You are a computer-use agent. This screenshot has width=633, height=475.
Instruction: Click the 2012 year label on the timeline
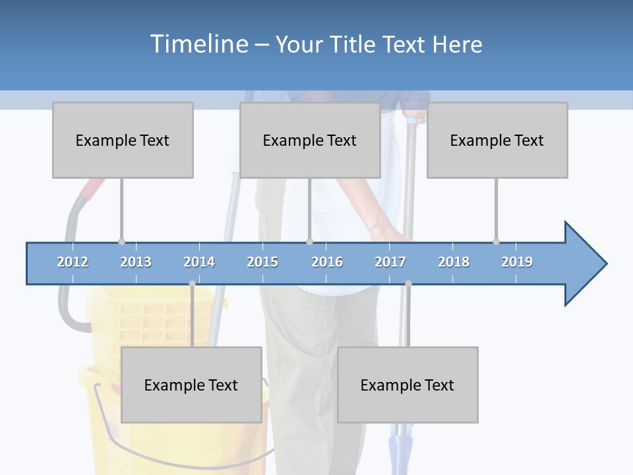click(73, 262)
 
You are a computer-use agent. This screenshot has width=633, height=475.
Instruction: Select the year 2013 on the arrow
click(136, 262)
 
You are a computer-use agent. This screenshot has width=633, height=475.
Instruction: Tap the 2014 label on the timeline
click(199, 262)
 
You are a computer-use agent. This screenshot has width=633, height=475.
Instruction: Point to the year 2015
click(262, 262)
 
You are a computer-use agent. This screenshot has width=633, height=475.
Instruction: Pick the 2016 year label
click(327, 262)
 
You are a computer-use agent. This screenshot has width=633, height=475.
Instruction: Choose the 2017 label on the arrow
click(390, 262)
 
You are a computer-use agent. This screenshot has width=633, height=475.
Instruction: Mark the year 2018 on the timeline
click(454, 262)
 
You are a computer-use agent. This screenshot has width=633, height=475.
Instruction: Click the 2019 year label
click(517, 262)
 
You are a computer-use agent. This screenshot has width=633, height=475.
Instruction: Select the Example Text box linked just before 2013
click(123, 140)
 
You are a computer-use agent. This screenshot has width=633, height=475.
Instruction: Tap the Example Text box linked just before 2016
click(310, 140)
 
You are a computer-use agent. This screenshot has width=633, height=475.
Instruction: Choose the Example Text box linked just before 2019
click(497, 140)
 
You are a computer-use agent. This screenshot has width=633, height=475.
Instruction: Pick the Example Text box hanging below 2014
click(191, 385)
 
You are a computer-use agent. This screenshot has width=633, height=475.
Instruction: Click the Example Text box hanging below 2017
click(407, 385)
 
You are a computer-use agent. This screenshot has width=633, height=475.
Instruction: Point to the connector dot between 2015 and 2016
click(309, 241)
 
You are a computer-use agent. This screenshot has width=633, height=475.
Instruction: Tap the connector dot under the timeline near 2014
click(192, 284)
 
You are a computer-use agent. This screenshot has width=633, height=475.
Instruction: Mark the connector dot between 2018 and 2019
click(496, 241)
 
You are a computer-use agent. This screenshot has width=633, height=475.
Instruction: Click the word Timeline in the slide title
click(198, 44)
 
